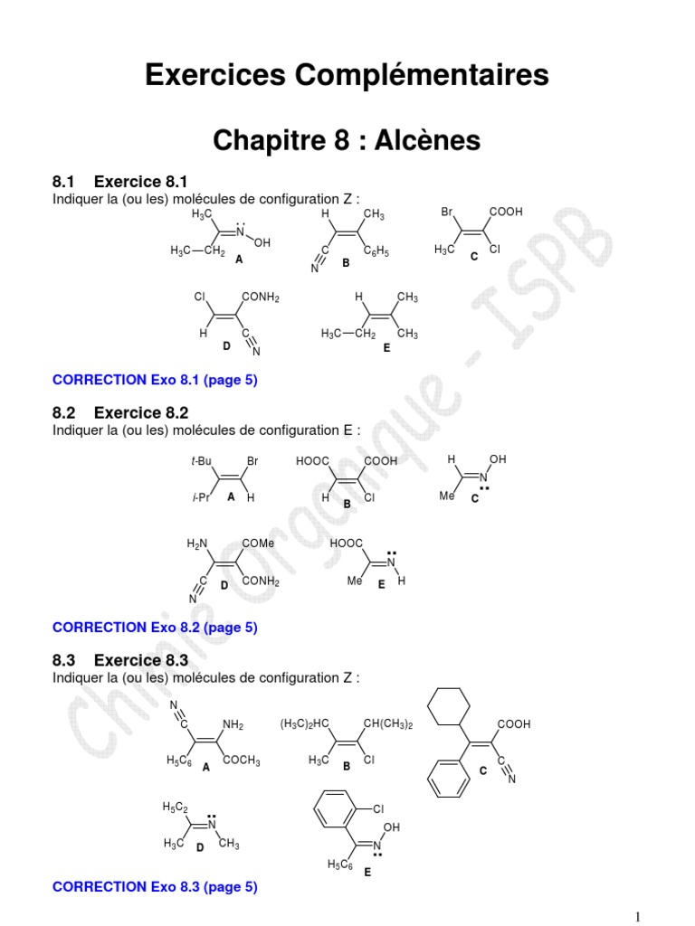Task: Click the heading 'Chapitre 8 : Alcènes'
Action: tap(347, 140)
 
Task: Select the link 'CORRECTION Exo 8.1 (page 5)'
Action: tap(155, 381)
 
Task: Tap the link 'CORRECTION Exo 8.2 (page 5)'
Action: tap(155, 627)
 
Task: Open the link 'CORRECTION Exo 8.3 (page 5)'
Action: tap(155, 887)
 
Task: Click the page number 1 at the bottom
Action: tap(640, 915)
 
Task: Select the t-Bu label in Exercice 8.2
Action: tap(201, 461)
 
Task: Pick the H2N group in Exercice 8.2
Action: tap(196, 543)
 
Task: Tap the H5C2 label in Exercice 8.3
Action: tap(174, 806)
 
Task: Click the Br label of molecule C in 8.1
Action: tap(446, 213)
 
